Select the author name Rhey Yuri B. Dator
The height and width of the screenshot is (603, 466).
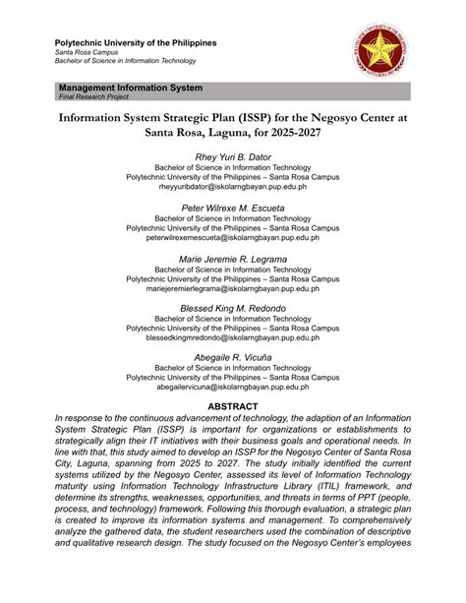pyautogui.click(x=233, y=156)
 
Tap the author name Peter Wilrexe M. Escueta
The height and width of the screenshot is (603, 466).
pyautogui.click(x=233, y=208)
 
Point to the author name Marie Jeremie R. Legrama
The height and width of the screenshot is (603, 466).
pyautogui.click(x=233, y=259)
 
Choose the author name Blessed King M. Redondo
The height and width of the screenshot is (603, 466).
pyautogui.click(x=233, y=309)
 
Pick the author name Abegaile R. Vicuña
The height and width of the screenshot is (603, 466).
pyautogui.click(x=233, y=359)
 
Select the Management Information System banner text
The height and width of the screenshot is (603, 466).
pyautogui.click(x=131, y=88)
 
